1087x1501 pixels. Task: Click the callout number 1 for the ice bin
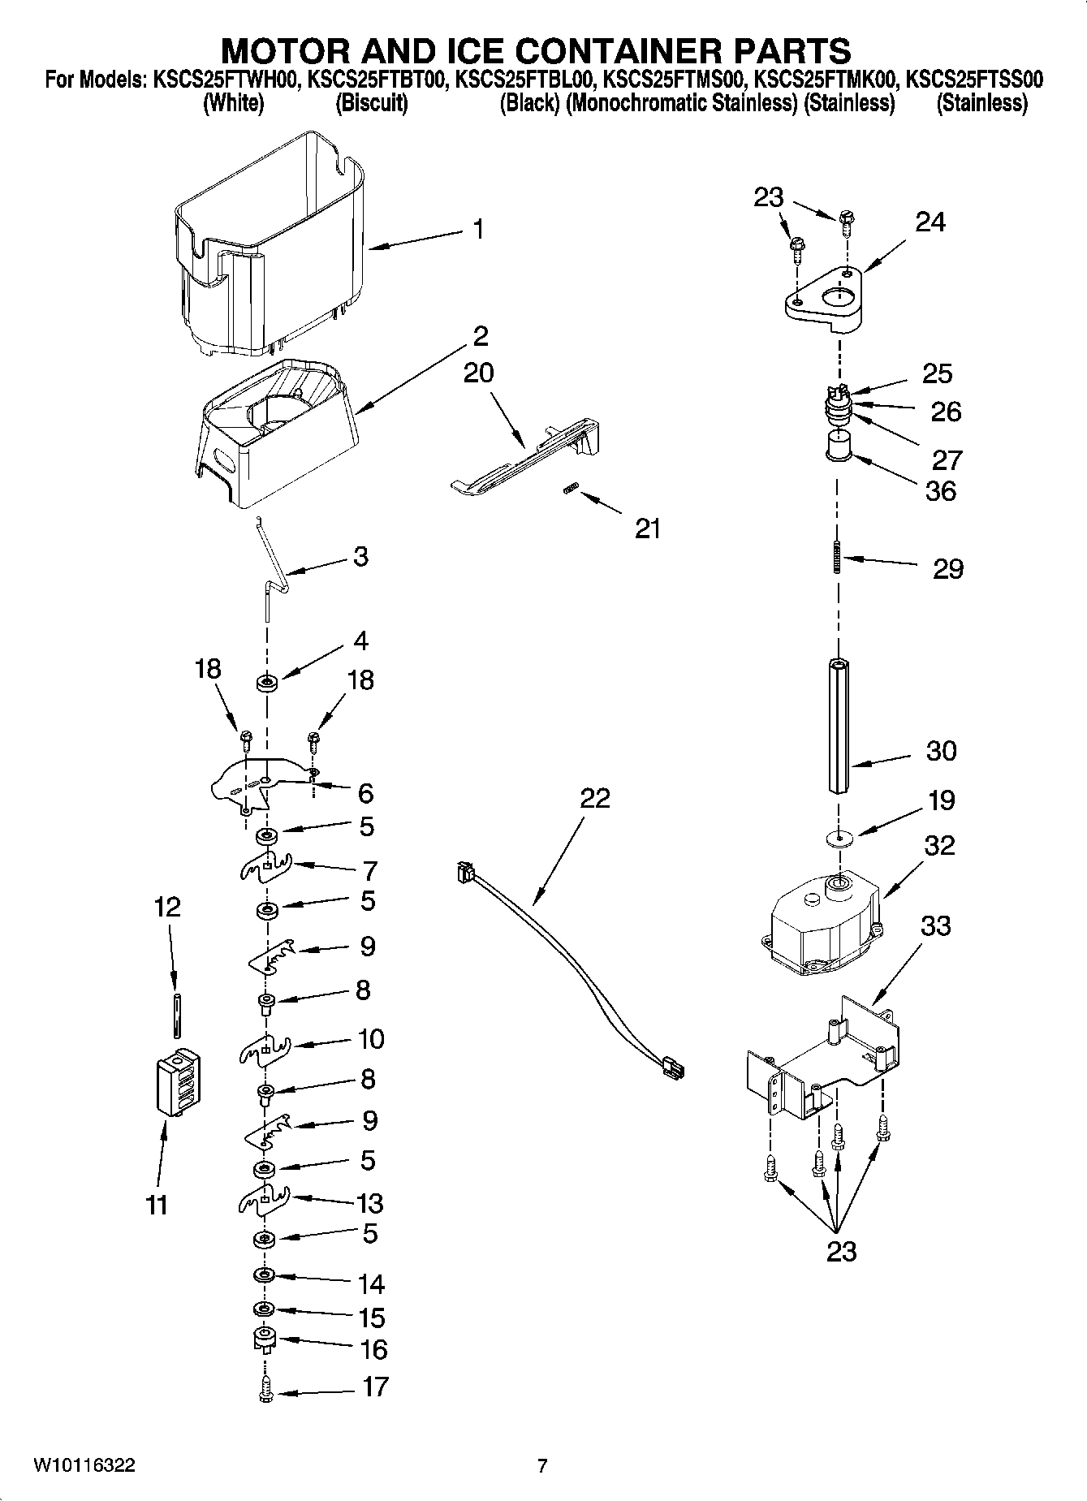[479, 230]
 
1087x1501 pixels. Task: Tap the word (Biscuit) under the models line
[372, 103]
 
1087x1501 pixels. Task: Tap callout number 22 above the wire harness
[595, 799]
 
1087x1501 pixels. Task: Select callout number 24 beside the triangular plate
[930, 222]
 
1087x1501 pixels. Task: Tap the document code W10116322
[84, 1465]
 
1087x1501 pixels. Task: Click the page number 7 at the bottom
[542, 1465]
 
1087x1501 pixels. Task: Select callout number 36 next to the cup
[941, 490]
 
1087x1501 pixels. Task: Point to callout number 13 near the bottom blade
[370, 1202]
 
